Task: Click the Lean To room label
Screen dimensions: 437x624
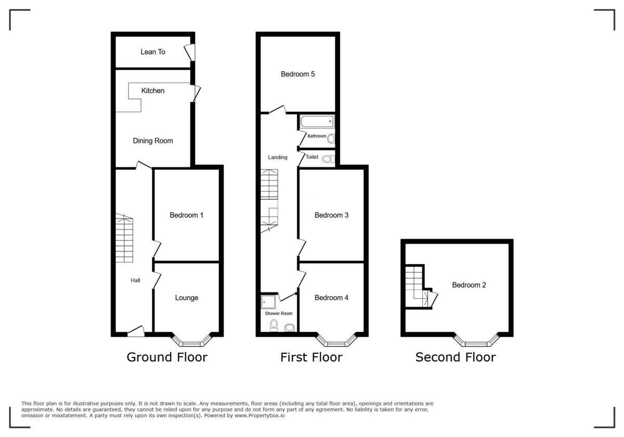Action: pyautogui.click(x=153, y=52)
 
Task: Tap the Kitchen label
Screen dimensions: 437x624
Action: pyautogui.click(x=153, y=91)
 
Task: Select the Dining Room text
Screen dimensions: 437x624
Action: pyautogui.click(x=153, y=141)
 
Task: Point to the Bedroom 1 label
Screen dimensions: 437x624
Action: pyautogui.click(x=186, y=215)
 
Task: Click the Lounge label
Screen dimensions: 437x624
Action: pyautogui.click(x=186, y=298)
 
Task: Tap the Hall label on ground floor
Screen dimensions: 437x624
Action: pyautogui.click(x=135, y=280)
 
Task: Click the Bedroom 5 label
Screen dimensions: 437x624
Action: pyautogui.click(x=298, y=74)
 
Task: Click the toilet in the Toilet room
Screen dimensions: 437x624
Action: pyautogui.click(x=328, y=159)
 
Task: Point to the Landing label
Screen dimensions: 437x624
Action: pyautogui.click(x=277, y=158)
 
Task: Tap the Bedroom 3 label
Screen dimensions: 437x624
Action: pyautogui.click(x=331, y=215)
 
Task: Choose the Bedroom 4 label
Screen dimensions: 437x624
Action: pyautogui.click(x=331, y=298)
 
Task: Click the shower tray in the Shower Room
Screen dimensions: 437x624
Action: pyautogui.click(x=269, y=301)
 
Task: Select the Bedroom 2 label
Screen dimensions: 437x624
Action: pyautogui.click(x=469, y=285)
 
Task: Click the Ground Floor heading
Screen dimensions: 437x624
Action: pyautogui.click(x=167, y=357)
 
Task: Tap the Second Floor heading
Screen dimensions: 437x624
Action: pyautogui.click(x=456, y=357)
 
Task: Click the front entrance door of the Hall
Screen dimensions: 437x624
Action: pyautogui.click(x=136, y=331)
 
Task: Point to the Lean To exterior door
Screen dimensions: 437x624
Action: pyautogui.click(x=190, y=53)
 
